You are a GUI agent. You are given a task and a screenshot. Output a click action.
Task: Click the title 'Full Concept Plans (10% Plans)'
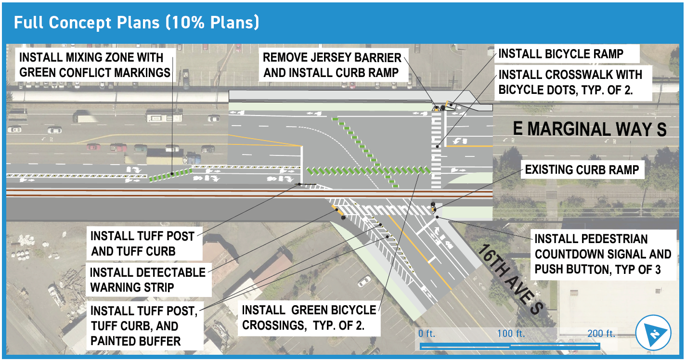tap(137, 23)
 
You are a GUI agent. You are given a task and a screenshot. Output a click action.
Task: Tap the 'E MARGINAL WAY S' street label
tap(590, 129)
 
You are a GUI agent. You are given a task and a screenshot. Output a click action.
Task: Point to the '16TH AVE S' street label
tap(510, 280)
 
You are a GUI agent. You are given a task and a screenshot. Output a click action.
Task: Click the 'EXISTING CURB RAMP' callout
tap(582, 169)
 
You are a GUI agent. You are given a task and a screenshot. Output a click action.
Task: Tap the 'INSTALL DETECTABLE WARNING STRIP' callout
tap(148, 280)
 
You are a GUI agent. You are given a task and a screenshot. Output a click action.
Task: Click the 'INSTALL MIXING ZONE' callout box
tap(95, 65)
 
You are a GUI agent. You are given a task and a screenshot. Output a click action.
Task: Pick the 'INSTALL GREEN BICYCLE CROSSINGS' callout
tap(309, 318)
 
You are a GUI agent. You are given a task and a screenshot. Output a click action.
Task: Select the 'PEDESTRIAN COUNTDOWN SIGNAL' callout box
tap(603, 254)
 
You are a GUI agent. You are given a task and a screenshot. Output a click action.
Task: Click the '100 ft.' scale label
tap(511, 334)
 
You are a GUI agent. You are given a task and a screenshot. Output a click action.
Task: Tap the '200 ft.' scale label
tap(601, 334)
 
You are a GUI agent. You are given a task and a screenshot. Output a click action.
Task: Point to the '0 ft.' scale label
tap(427, 334)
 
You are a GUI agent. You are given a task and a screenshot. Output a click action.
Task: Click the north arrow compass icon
tap(653, 333)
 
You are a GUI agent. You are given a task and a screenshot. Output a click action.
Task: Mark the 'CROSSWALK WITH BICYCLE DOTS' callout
tap(570, 82)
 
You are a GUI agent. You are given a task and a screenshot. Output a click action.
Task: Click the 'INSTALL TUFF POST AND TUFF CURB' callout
tap(142, 244)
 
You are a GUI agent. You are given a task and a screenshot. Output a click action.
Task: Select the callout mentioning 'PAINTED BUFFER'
tap(144, 326)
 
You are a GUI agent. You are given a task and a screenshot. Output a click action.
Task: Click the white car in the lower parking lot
tap(364, 281)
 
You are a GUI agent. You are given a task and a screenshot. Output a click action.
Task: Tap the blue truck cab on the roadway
tap(192, 158)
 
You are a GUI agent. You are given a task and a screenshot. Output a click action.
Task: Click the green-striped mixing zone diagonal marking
tap(170, 175)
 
